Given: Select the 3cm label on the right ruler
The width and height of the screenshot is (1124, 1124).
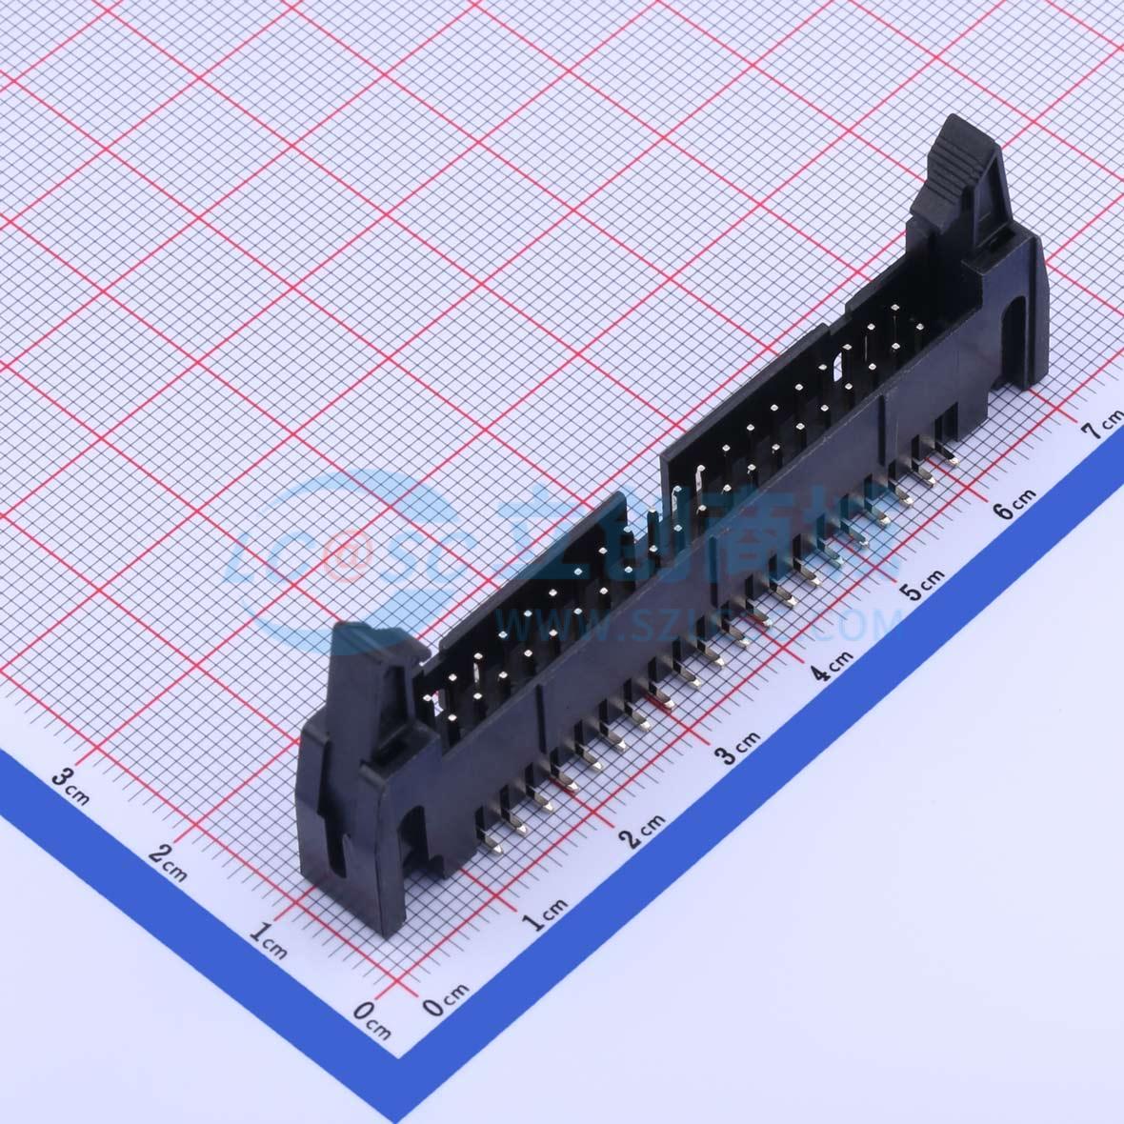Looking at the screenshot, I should pos(738,750).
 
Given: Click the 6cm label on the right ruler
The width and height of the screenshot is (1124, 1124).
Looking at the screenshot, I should pos(1013,505).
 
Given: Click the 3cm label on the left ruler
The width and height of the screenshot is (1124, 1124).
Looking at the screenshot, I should pos(71,783).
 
